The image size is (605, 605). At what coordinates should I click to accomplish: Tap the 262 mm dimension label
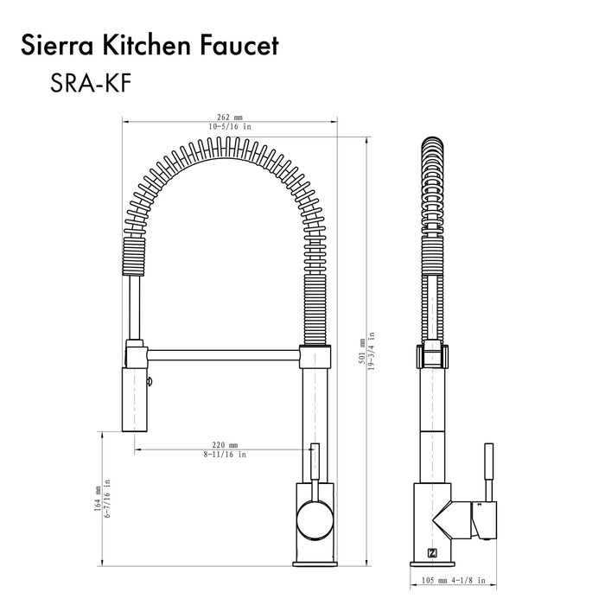232,118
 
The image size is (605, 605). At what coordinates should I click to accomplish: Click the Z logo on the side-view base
433,554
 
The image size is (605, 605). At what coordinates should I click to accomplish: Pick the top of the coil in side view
432,142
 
